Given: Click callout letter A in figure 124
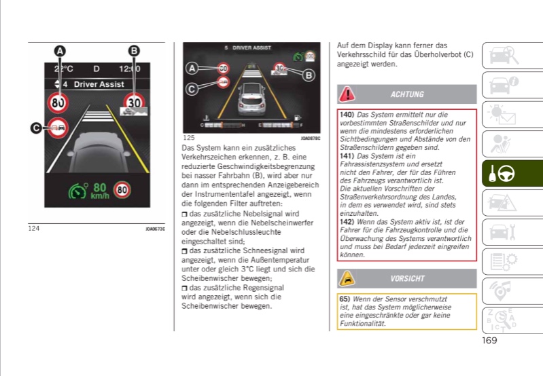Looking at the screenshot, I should click(x=60, y=51).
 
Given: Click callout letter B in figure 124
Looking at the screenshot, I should click(x=134, y=51).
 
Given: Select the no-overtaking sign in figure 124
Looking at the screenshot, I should click(x=56, y=128).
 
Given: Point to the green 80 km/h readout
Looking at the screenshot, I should click(x=99, y=189).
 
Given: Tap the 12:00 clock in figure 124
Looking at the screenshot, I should click(x=129, y=69).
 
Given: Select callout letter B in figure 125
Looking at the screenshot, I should click(x=309, y=75).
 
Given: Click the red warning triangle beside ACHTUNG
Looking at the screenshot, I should click(x=347, y=94).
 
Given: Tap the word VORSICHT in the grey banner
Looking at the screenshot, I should click(x=407, y=278).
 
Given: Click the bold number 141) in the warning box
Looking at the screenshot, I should click(x=347, y=156).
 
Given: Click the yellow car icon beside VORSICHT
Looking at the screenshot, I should click(x=347, y=278).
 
